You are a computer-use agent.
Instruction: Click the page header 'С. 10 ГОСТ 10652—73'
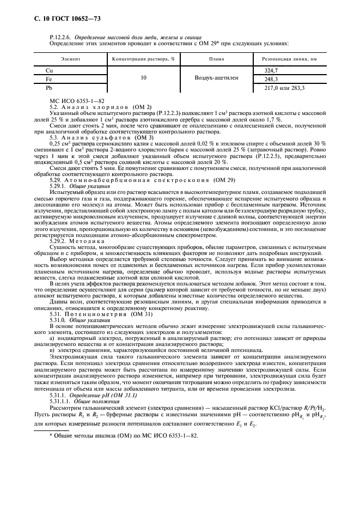pos(63,20)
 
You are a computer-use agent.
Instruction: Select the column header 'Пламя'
pos(216,58)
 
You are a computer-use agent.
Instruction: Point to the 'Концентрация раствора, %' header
pos(143,58)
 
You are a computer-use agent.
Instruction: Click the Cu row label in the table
pos(49,71)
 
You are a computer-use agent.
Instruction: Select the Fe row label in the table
pos(48,79)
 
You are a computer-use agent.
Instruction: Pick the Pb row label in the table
pos(49,87)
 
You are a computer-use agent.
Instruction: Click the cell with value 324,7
pos(271,71)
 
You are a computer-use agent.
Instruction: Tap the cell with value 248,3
pos(271,79)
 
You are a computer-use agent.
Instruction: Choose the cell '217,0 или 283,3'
pos(285,87)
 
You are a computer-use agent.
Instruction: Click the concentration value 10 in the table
pos(143,78)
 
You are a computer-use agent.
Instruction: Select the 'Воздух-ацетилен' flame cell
pos(216,78)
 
